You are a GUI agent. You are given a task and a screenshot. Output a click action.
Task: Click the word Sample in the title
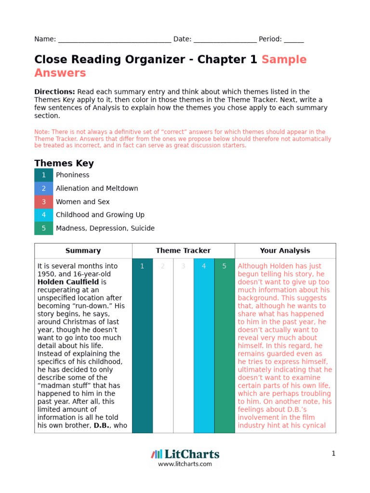click(x=284, y=60)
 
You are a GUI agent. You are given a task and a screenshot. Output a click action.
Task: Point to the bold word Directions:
click(x=54, y=92)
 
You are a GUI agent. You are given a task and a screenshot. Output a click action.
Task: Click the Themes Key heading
click(x=64, y=163)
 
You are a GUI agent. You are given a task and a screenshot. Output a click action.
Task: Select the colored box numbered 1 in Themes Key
click(x=44, y=175)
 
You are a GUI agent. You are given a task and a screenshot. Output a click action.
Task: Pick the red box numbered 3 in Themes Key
click(x=44, y=202)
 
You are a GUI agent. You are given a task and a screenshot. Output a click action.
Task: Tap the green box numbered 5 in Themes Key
click(x=44, y=228)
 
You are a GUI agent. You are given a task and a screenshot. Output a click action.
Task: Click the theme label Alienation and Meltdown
click(x=97, y=189)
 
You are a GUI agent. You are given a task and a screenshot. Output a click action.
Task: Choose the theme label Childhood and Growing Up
click(x=100, y=215)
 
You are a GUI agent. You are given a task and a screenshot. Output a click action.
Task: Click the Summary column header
click(x=83, y=251)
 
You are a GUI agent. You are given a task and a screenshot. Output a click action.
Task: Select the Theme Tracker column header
click(x=183, y=251)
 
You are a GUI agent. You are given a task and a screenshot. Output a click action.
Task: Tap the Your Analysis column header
click(x=285, y=251)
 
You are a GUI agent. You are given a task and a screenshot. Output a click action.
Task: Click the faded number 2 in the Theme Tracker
click(x=163, y=266)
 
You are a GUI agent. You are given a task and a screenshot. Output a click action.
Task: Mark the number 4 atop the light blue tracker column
click(x=204, y=266)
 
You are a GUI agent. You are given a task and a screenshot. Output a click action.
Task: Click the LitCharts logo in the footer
click(x=185, y=454)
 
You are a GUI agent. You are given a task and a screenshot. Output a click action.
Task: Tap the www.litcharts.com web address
click(x=185, y=464)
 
